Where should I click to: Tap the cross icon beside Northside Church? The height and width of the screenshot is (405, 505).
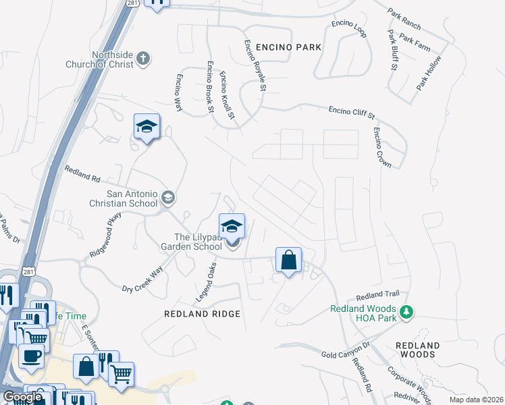pyautogui.click(x=142, y=59)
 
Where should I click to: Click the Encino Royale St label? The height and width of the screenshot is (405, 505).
pyautogui.click(x=255, y=64)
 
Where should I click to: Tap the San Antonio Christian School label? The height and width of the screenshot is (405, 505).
pyautogui.click(x=122, y=197)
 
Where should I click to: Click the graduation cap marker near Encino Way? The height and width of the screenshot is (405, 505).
pyautogui.click(x=147, y=127)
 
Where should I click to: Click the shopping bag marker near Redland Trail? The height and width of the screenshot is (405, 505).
pyautogui.click(x=288, y=260)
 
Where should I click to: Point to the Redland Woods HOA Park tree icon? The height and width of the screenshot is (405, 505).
pyautogui.click(x=406, y=311)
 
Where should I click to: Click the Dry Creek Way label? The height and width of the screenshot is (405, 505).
pyautogui.click(x=142, y=279)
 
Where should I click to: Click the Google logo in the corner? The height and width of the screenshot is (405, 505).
pyautogui.click(x=22, y=397)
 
